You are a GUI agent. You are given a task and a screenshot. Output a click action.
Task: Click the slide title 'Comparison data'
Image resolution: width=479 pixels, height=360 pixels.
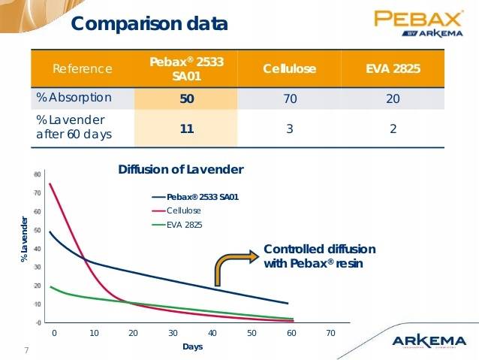coord(149,24)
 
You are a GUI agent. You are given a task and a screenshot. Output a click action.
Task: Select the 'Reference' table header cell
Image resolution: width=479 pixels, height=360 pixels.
coord(83,69)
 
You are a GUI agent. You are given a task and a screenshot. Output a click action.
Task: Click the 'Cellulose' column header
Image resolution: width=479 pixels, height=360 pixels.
coord(289,69)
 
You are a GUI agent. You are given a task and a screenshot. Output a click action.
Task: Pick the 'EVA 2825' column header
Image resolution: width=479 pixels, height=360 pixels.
coord(393,69)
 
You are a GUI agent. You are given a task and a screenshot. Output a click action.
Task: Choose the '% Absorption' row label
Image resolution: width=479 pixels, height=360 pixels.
coord(74,98)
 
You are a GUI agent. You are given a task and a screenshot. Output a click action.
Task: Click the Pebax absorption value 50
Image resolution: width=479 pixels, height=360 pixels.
coord(187,98)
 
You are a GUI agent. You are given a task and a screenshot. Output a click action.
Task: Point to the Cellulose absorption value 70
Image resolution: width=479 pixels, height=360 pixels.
coord(289,98)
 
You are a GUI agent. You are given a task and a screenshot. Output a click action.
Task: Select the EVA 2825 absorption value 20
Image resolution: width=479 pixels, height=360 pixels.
coord(393,98)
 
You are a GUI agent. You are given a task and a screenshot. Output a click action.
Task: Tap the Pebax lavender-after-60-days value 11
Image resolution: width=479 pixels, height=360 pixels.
coord(187,129)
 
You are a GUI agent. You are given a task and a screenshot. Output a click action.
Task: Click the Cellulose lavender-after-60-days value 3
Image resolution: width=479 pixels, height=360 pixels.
coord(289,129)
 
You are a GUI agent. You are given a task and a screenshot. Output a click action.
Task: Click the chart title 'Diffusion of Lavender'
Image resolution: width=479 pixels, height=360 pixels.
coord(181,170)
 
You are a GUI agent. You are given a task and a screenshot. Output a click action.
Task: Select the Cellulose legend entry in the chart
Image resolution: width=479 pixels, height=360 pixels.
coord(183,210)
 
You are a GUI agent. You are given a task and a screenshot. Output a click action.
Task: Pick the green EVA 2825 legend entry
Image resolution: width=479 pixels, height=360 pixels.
coord(184,224)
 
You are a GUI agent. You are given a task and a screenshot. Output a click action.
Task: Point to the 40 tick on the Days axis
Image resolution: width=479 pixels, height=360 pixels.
coord(212,332)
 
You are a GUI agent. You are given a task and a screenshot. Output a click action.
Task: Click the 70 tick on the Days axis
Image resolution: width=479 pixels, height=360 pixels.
coord(331,332)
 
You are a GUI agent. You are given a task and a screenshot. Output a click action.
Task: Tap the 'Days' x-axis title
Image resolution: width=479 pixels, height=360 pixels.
coord(192,346)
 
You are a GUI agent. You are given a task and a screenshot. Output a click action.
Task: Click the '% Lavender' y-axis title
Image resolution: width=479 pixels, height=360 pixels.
coord(25,239)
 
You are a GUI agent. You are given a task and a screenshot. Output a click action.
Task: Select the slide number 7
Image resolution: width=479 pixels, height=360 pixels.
coord(27,350)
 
